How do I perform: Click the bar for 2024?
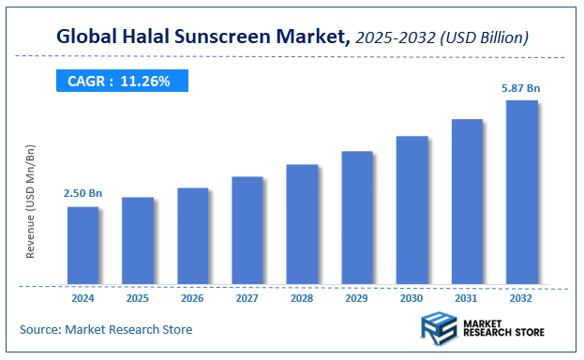82,245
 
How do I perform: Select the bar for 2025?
138,240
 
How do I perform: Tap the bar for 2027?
247,230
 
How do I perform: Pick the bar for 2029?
357,217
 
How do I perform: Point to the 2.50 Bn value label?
82,193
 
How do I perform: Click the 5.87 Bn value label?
521,88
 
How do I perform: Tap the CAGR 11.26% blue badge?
119,82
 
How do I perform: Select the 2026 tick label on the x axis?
192,298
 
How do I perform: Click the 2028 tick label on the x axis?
302,298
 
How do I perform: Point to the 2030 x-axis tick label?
412,298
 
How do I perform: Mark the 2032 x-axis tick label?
522,298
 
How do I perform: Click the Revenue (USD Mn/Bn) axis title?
30,202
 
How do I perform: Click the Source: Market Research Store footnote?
106,329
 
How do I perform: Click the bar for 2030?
412,210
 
